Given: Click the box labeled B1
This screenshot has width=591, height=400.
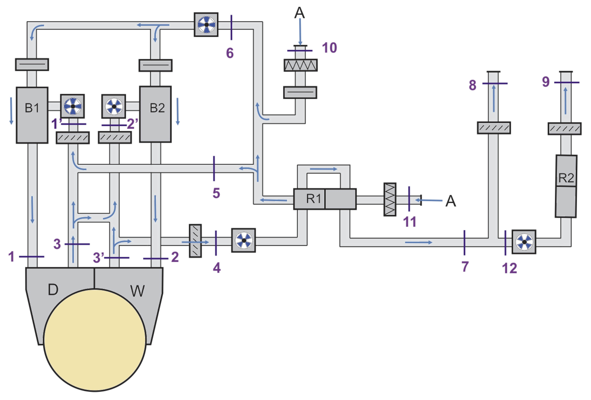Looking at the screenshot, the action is pos(32,115).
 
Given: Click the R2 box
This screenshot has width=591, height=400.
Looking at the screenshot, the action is pos(566,186).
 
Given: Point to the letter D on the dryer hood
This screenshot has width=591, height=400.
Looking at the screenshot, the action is pos(53,289).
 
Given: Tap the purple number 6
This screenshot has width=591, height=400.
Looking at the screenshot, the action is pos(230,53).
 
